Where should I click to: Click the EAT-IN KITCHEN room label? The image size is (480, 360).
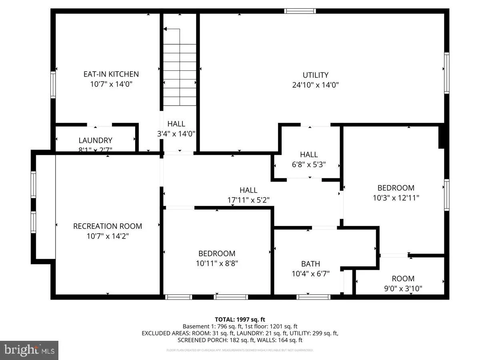point(111,74)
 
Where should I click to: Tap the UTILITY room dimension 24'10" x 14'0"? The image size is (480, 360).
point(316,85)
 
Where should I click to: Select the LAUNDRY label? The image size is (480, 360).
point(95,140)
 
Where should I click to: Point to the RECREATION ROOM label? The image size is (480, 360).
point(108,226)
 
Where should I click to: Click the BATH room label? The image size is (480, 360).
point(310,264)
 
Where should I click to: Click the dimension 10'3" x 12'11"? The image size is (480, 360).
point(396,198)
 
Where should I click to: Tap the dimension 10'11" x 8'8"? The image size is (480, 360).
point(217,263)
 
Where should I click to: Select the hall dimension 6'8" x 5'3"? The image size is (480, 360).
point(309,164)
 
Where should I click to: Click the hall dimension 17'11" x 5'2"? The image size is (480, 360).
point(248,200)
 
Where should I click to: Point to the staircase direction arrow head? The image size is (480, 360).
point(165,29)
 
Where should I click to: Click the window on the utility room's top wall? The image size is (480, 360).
point(300,11)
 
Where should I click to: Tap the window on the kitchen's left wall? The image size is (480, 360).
point(53,84)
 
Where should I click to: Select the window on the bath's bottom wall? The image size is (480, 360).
point(313,297)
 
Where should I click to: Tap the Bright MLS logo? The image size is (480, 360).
point(29,350)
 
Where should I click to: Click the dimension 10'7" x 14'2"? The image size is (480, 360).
point(108,236)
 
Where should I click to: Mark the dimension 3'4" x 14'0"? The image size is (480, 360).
point(176,134)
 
